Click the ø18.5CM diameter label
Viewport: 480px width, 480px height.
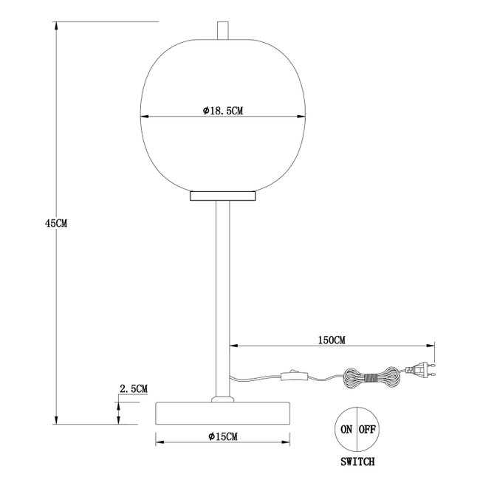[x=222, y=110]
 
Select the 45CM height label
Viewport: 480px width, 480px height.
[x=56, y=223]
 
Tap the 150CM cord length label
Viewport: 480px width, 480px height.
[x=331, y=340]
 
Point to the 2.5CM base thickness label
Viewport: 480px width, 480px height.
[x=134, y=388]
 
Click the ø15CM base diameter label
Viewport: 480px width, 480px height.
[x=222, y=437]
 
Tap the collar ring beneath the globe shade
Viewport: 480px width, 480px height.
[x=222, y=196]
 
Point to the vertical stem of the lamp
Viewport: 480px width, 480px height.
[x=222, y=295]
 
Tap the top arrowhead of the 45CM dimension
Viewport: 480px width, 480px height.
[x=56, y=26]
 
